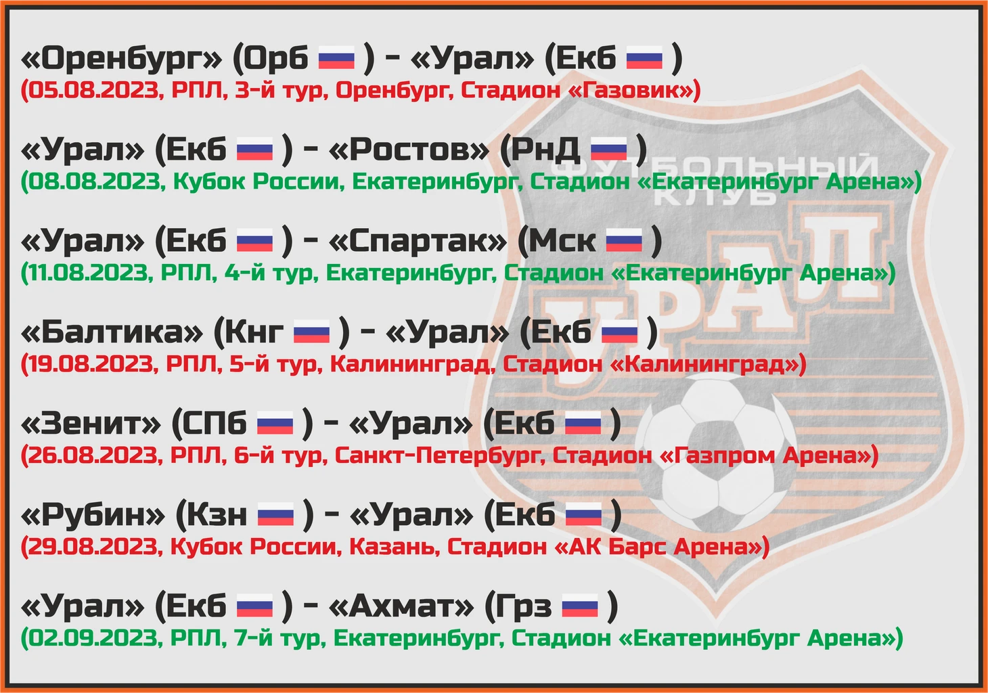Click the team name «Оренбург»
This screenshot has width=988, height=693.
[x=121, y=59]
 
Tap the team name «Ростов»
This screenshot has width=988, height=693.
[x=409, y=150]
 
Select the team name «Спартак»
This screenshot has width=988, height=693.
[x=418, y=242]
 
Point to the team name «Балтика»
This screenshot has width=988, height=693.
[x=112, y=332]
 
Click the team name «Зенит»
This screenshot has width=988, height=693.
[x=91, y=424]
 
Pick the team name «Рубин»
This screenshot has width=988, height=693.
[x=93, y=515]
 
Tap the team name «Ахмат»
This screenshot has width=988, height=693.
[x=401, y=606]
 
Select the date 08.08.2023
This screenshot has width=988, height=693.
[x=93, y=182]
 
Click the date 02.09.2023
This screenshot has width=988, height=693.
[x=93, y=638]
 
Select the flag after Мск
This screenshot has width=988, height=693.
[x=624, y=240]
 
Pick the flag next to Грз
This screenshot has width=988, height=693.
[x=580, y=606]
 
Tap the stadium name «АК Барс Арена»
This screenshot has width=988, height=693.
[x=657, y=547]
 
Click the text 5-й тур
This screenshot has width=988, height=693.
[x=275, y=364]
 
